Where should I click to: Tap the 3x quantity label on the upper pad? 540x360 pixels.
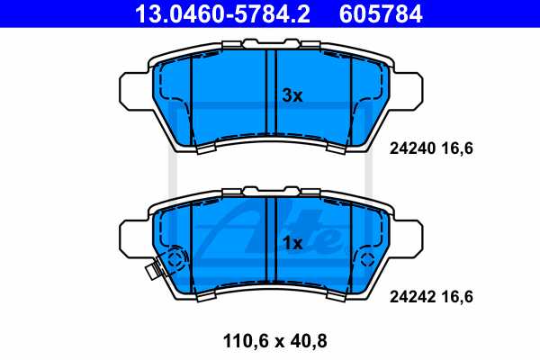click(292, 95)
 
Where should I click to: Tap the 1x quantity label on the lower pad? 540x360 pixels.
click(292, 243)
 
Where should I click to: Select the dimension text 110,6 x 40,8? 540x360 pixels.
click(269, 341)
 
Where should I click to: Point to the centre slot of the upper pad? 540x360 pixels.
click(271, 99)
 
